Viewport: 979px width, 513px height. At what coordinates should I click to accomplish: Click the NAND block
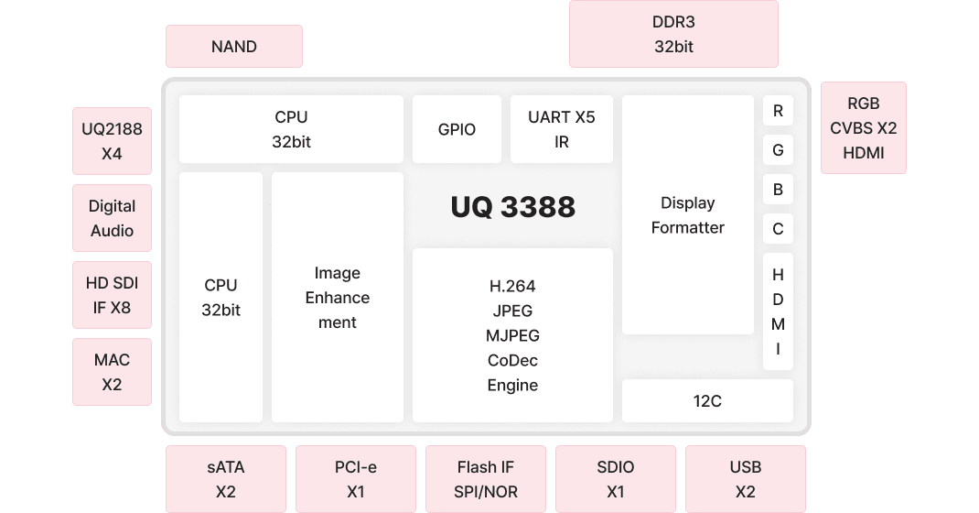[233, 46]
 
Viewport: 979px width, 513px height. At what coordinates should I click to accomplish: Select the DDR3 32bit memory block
[673, 34]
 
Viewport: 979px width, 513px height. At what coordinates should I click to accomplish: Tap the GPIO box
[457, 129]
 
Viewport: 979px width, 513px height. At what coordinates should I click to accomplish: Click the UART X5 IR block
[561, 129]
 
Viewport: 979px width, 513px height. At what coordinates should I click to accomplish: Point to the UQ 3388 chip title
[512, 206]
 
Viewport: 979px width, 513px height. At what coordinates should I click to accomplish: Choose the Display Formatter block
[687, 215]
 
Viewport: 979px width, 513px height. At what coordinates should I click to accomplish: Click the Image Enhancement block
[337, 297]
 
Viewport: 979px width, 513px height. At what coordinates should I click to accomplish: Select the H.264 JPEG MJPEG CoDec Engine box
[512, 335]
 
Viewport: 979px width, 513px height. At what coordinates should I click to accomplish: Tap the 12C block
[707, 400]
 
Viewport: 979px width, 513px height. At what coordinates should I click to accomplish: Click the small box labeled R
[778, 111]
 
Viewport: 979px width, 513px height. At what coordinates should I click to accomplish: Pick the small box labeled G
[778, 150]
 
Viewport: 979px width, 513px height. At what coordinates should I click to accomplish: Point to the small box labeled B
[778, 190]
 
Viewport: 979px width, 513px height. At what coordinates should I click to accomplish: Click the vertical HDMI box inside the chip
[778, 311]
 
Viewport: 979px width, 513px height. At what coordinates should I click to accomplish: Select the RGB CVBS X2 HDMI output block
[863, 128]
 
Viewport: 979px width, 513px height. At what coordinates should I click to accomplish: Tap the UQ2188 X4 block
[112, 141]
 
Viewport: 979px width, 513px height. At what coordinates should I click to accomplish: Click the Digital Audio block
[112, 218]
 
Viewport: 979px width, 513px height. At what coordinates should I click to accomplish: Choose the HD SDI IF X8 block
[112, 295]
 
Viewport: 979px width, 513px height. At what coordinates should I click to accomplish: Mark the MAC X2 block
[112, 372]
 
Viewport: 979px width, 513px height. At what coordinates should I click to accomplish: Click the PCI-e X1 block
[355, 479]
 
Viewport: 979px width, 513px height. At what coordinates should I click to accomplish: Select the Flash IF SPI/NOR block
[485, 479]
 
